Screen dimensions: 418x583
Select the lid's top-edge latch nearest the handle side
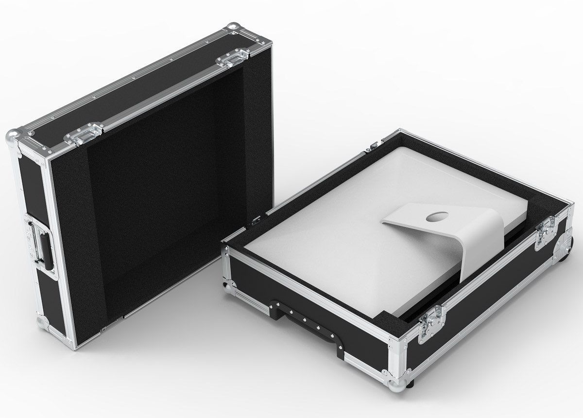click(x=87, y=133)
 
